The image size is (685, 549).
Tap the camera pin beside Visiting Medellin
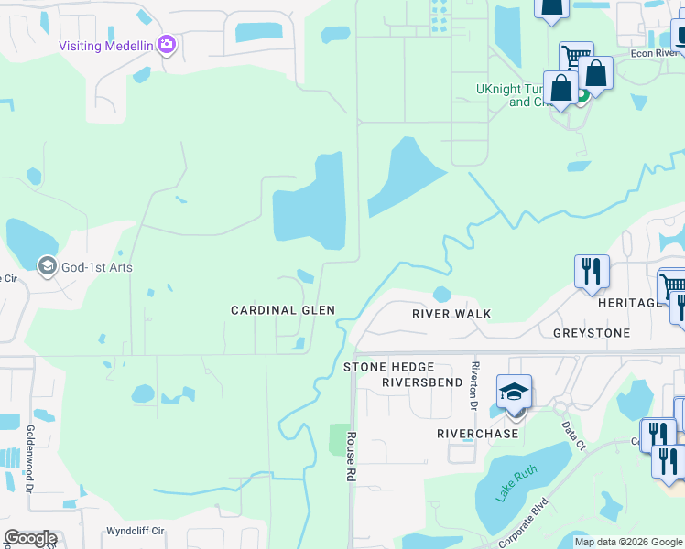click(167, 44)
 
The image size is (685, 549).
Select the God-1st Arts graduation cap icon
click(46, 266)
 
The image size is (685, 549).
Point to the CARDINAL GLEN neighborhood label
click(282, 311)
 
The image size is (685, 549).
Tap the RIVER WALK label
click(451, 314)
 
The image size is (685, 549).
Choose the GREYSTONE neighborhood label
click(592, 333)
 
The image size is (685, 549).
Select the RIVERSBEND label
click(422, 382)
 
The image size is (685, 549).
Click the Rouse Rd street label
click(350, 457)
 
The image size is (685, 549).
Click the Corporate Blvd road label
click(524, 518)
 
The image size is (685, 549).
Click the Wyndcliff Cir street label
click(135, 530)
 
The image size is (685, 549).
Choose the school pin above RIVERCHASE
click(515, 392)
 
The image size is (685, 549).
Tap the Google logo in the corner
click(30, 538)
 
